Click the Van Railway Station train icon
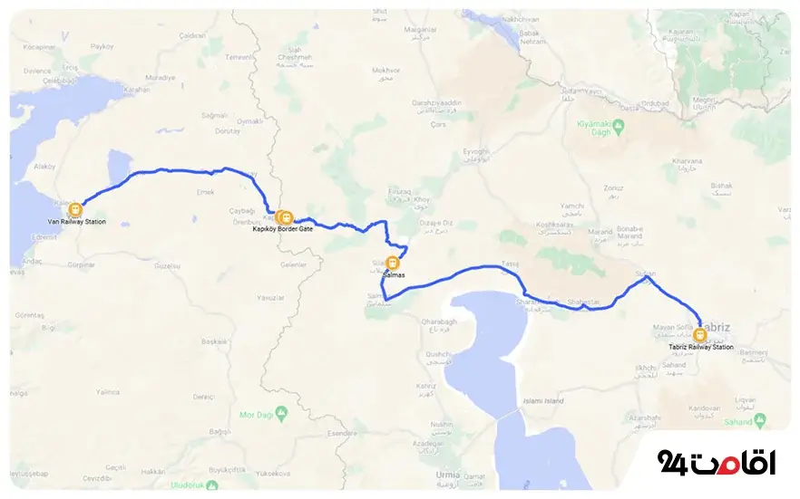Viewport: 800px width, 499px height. [x=75, y=209]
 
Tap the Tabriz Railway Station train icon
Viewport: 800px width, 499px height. [x=697, y=333]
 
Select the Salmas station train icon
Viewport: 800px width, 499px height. [x=392, y=264]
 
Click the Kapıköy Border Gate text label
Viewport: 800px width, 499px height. [x=282, y=229]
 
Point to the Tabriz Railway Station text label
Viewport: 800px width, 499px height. [x=697, y=347]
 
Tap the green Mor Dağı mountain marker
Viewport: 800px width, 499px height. [x=282, y=414]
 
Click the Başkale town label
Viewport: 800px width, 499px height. [x=214, y=341]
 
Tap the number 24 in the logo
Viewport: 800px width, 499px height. [x=674, y=461]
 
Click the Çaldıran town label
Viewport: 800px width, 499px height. [x=193, y=34]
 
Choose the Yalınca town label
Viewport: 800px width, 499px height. [x=108, y=391]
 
